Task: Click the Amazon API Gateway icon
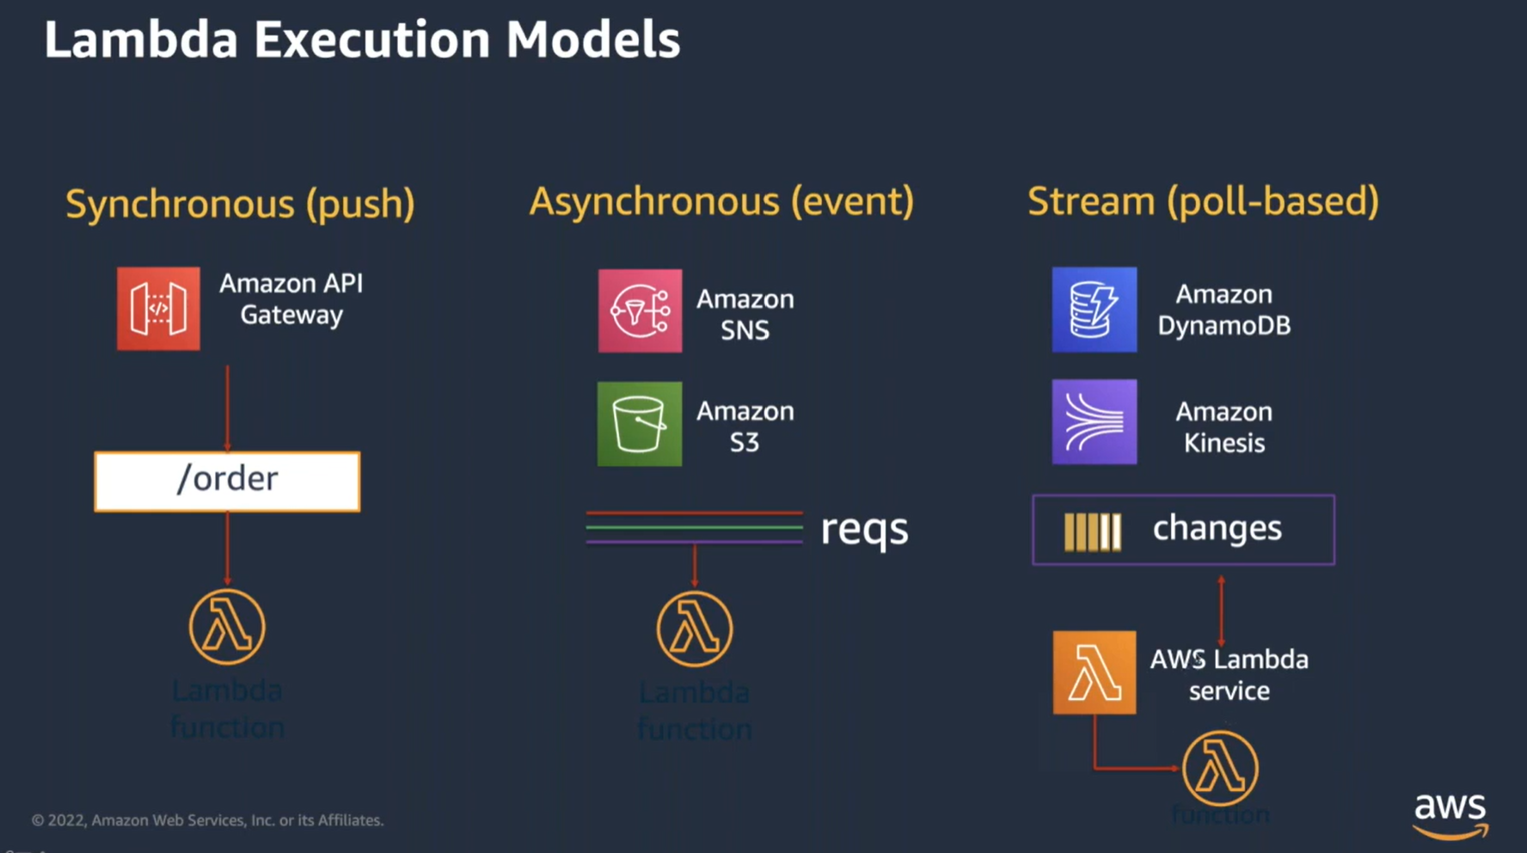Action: pos(158,309)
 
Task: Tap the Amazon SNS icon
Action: pos(640,310)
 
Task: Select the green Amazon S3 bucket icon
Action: pos(640,424)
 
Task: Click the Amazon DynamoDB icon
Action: pos(1094,310)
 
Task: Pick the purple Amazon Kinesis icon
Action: pos(1094,422)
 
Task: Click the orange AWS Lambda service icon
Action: pos(1094,672)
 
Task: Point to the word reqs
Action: pos(864,529)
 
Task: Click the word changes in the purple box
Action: pos(1217,528)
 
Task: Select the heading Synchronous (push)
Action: pos(240,204)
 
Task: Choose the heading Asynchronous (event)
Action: pos(721,201)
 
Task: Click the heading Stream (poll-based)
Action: pos(1203,201)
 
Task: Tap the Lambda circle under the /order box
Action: pos(227,627)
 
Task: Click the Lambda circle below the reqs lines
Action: pos(695,629)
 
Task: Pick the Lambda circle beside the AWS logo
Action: pos(1220,768)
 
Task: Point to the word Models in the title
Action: pos(592,40)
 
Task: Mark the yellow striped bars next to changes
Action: pos(1092,531)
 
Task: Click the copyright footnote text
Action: pos(207,820)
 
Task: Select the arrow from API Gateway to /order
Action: pos(227,408)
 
